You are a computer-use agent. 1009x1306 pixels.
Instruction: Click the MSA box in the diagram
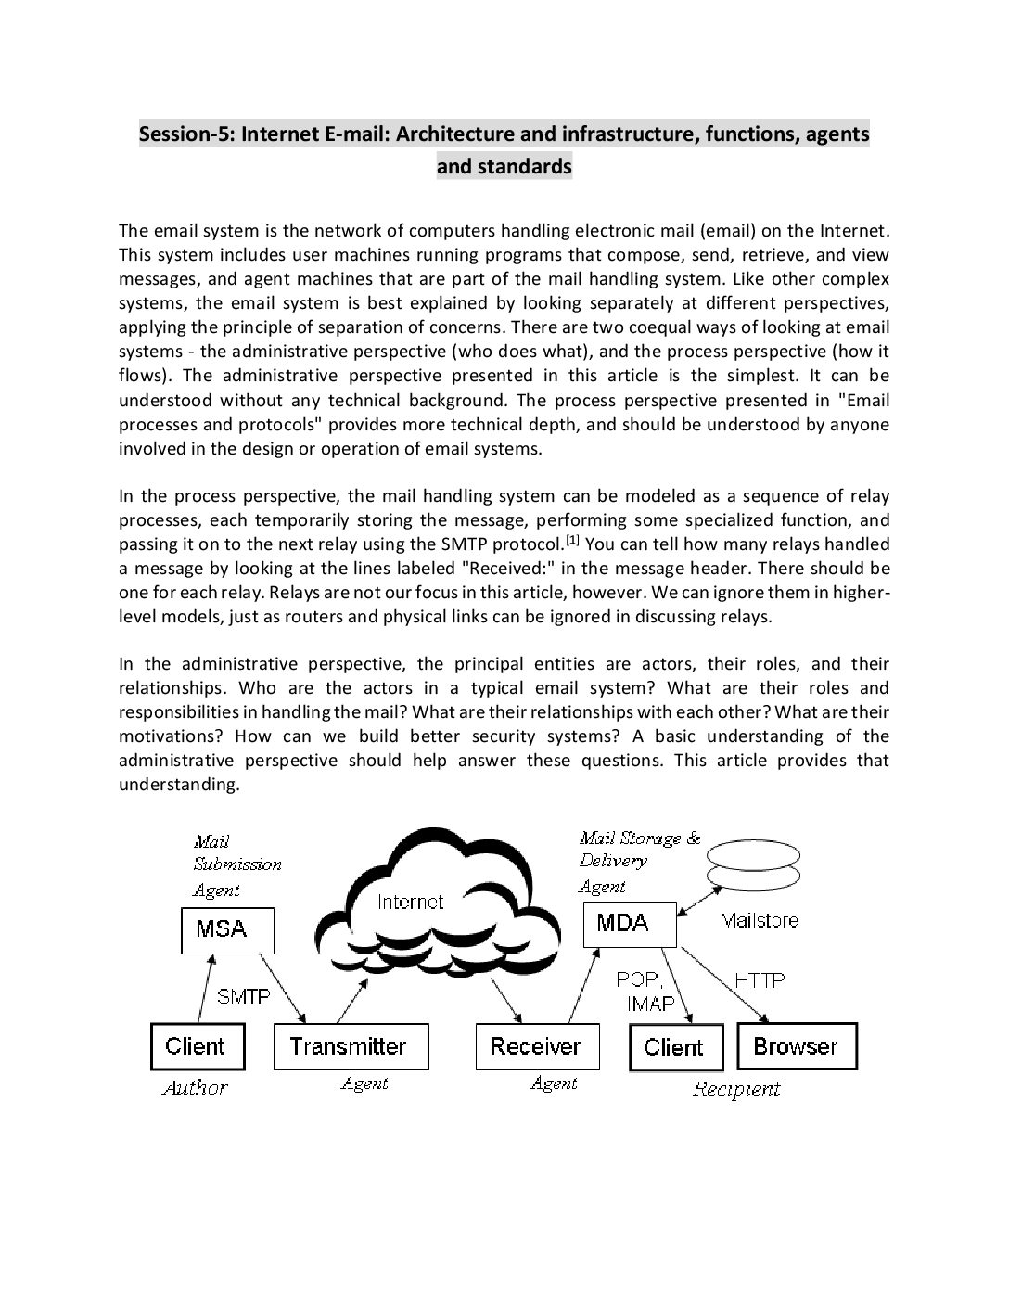pyautogui.click(x=227, y=929)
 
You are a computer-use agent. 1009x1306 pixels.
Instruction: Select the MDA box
pyautogui.click(x=630, y=924)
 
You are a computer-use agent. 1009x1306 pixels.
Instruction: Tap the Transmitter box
pyautogui.click(x=351, y=1046)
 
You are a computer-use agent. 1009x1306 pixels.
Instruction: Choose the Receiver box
pyautogui.click(x=536, y=1046)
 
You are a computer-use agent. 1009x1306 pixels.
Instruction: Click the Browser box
pyautogui.click(x=796, y=1046)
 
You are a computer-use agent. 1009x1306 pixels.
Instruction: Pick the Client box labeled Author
pyautogui.click(x=197, y=1046)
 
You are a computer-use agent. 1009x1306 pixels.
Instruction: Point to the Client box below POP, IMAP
pyautogui.click(x=674, y=1047)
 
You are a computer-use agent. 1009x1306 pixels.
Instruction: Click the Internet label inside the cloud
pyautogui.click(x=410, y=902)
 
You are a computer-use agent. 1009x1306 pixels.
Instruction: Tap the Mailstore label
pyautogui.click(x=760, y=920)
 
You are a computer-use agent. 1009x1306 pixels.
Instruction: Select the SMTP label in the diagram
pyautogui.click(x=243, y=997)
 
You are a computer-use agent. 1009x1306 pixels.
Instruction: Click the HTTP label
pyautogui.click(x=760, y=979)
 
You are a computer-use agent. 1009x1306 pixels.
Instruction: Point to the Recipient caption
pyautogui.click(x=736, y=1089)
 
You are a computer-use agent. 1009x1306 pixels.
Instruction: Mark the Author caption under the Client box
pyautogui.click(x=195, y=1088)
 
